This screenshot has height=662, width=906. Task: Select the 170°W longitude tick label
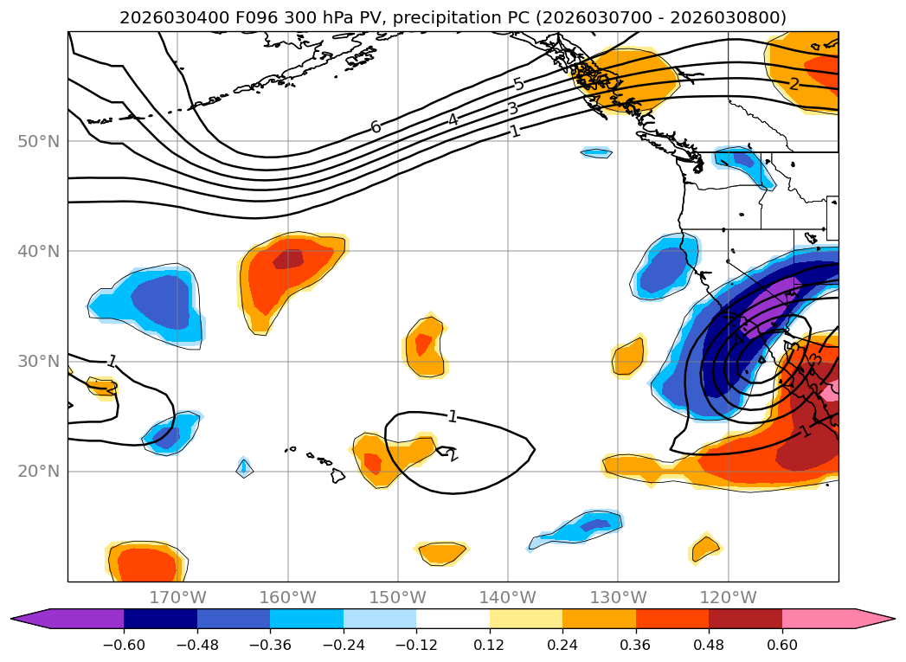pos(177,597)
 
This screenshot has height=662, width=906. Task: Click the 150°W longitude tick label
pos(398,597)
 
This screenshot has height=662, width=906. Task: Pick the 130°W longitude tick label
pos(618,597)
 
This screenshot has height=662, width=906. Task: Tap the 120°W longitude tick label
pos(728,597)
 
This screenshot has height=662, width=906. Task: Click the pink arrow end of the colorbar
pos(874,619)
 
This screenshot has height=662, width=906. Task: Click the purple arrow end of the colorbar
pos(30,619)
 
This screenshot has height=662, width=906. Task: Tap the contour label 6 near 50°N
pos(376,127)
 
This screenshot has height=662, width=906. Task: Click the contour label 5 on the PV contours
pos(518,84)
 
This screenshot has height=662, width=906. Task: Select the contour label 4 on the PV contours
pos(453,119)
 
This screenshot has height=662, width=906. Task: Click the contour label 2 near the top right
pos(794,84)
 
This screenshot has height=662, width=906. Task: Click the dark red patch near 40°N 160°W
pos(288,259)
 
